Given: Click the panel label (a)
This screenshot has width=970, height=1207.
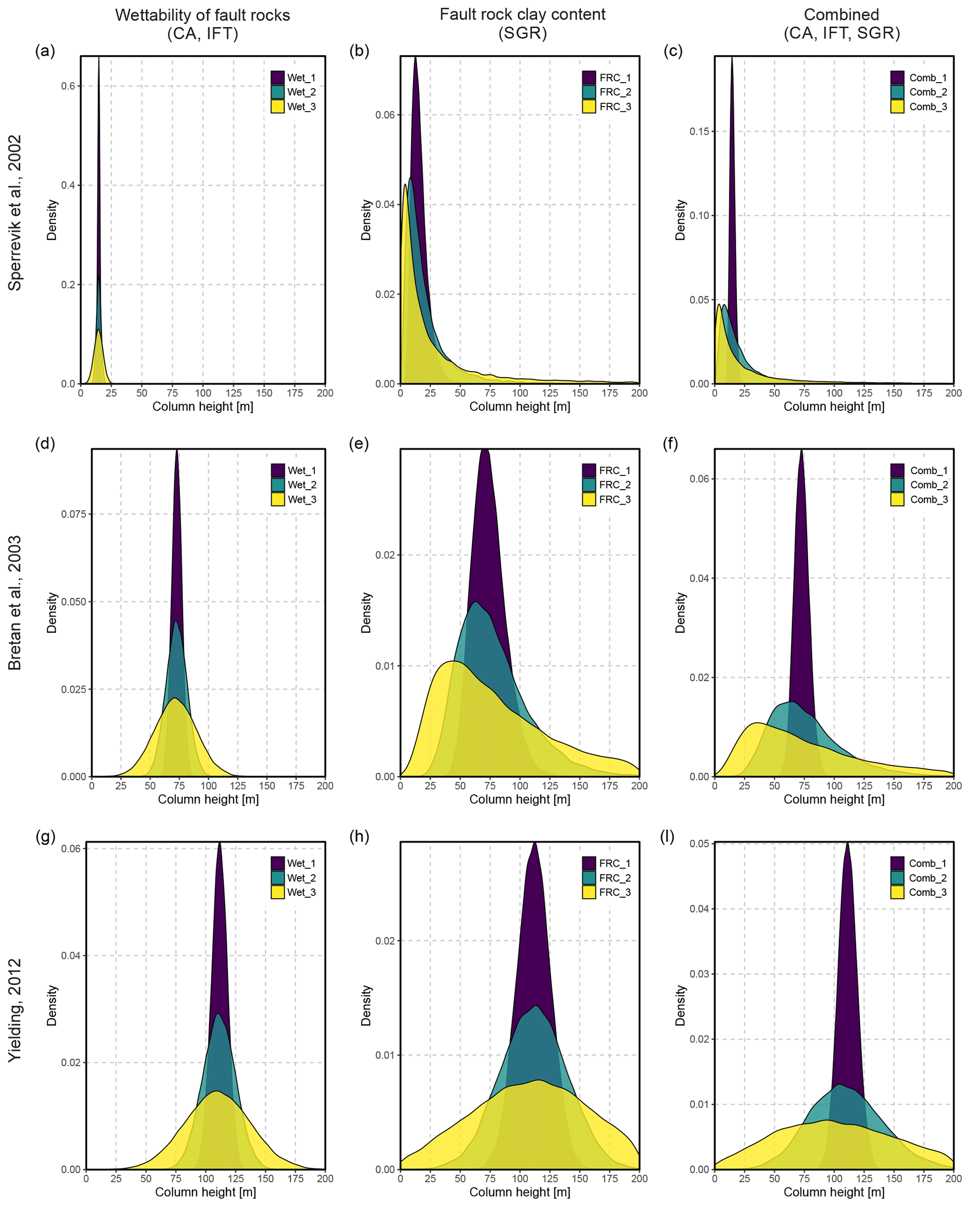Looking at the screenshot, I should click(45, 51).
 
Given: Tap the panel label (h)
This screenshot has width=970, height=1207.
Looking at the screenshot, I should click(359, 837).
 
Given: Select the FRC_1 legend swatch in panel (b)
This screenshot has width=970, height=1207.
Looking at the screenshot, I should click(589, 78).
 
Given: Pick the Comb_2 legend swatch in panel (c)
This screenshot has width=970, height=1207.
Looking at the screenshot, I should click(897, 92).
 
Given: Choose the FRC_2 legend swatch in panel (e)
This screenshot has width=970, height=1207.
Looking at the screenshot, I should click(589, 485).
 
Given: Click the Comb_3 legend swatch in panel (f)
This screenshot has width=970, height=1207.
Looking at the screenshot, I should click(897, 500).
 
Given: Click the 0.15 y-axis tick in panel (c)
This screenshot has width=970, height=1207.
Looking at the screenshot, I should click(700, 131).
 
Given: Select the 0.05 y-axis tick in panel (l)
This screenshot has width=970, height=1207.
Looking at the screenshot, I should click(700, 844).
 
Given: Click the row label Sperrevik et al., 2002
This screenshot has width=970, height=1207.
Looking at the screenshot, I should click(15, 213).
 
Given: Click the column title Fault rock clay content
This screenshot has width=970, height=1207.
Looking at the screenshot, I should click(522, 15).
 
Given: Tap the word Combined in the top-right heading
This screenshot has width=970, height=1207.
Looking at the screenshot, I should click(841, 15).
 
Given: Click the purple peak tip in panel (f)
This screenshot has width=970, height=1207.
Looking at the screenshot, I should click(802, 450).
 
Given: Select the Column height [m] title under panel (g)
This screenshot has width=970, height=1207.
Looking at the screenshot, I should click(206, 1192).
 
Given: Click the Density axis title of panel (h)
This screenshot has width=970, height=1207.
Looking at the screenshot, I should click(366, 1006).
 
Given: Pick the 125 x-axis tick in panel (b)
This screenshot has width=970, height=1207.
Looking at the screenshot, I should click(550, 393).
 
